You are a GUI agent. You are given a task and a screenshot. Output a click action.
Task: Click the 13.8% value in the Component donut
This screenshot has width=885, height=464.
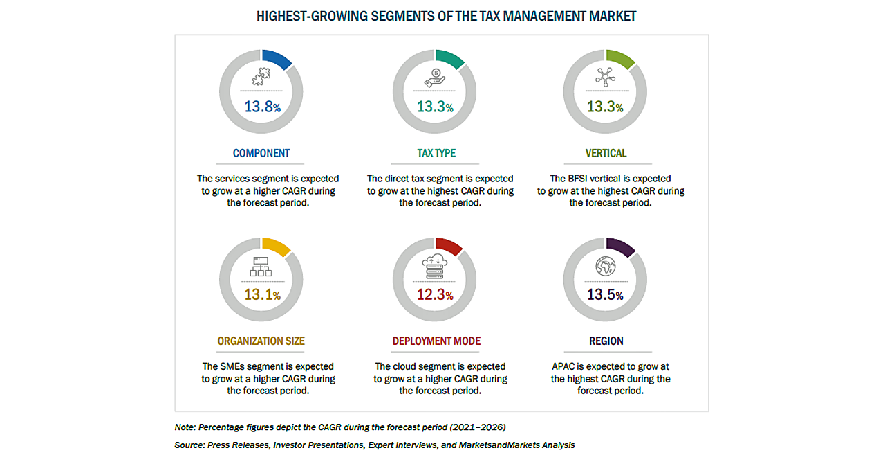coord(262,107)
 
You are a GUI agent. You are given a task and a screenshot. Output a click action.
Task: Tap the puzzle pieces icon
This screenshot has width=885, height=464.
coord(261,78)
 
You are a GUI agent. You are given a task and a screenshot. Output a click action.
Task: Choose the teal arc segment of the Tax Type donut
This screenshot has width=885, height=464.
coord(451,59)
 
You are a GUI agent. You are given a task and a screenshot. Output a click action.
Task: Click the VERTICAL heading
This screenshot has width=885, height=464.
coord(606,153)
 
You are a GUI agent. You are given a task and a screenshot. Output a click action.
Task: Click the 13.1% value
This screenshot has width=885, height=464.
coord(262,294)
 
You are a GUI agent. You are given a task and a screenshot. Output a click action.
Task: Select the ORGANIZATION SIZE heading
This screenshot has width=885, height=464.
coord(261,341)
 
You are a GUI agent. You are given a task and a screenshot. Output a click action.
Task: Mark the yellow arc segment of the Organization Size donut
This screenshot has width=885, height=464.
coord(277,247)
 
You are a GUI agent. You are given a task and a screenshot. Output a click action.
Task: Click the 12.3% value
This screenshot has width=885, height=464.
coord(435,294)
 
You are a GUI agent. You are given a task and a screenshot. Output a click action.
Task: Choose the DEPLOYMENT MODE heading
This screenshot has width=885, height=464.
coord(436,341)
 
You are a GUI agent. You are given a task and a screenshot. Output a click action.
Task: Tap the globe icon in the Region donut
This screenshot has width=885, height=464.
coord(606,267)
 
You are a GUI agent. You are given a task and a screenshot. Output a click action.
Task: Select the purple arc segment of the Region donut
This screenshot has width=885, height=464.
coord(621,247)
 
